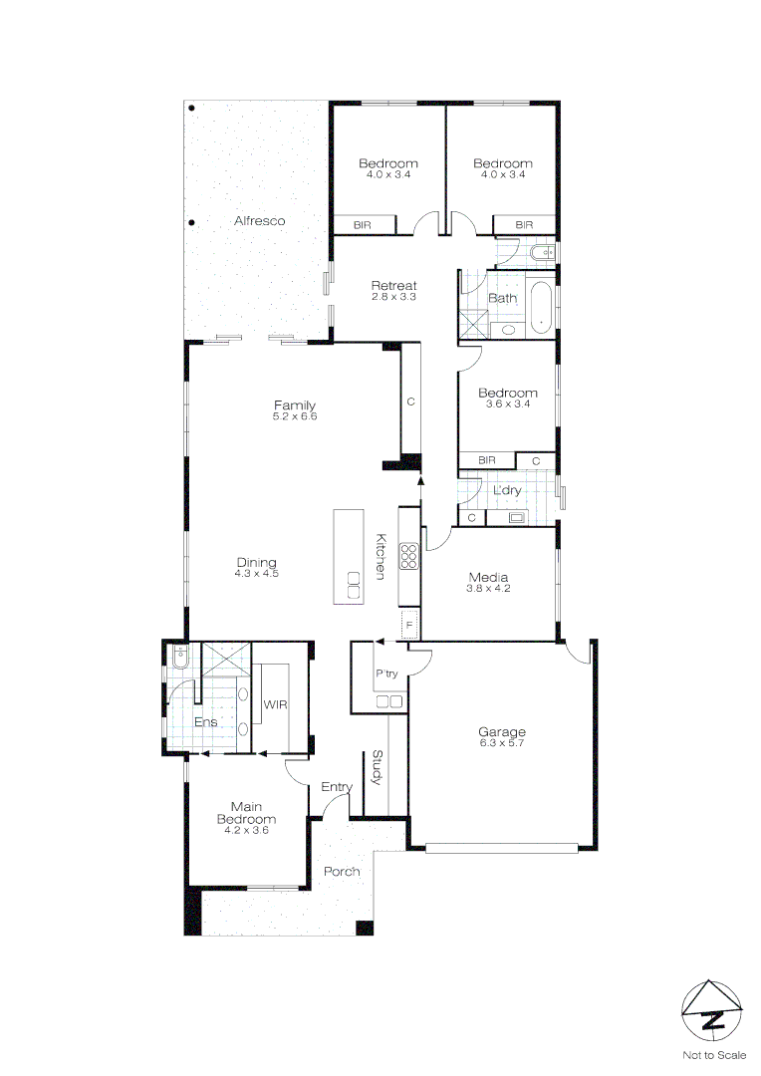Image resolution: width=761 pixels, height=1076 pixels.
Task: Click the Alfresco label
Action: (260, 220)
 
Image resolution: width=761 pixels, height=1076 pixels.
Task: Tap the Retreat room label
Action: (393, 286)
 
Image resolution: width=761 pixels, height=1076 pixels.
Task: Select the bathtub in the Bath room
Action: (541, 309)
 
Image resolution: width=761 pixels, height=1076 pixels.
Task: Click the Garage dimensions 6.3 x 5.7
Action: (502, 743)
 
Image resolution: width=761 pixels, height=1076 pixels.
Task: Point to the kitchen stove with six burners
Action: (408, 556)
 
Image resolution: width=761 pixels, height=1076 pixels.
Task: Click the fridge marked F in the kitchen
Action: (407, 626)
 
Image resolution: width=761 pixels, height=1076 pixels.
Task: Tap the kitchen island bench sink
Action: (353, 584)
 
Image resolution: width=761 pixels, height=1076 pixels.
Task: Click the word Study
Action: (378, 767)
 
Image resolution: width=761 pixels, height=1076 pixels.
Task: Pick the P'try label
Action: (386, 673)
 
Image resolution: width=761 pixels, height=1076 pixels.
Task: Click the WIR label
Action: (275, 704)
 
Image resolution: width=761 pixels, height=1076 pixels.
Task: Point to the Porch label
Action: (342, 872)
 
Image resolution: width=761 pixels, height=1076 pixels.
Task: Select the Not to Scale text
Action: (713, 1054)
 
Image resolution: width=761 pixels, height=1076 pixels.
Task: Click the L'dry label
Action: (507, 491)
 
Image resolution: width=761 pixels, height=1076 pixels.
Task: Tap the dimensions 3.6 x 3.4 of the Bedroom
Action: (507, 403)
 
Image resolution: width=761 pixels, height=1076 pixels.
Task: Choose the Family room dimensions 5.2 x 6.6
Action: (295, 415)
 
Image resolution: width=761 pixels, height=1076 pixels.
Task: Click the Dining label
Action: (256, 562)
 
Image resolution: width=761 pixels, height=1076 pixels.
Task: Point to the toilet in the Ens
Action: (179, 657)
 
